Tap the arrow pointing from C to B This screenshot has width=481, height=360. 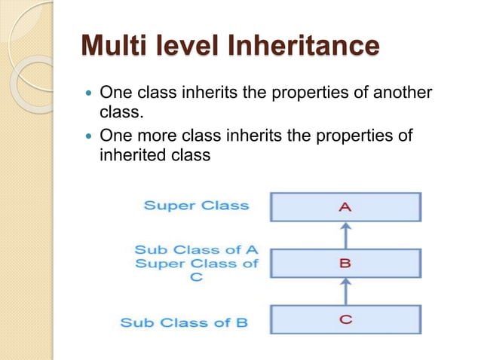coord(345,291)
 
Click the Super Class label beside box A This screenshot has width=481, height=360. coord(196,205)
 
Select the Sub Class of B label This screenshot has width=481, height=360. coord(184,323)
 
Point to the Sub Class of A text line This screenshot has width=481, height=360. coord(196,249)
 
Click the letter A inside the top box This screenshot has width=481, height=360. coord(345,207)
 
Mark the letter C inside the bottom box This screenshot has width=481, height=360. coord(345,319)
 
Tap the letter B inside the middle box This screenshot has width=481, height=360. coord(345,264)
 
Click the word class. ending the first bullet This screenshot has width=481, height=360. coord(121,112)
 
